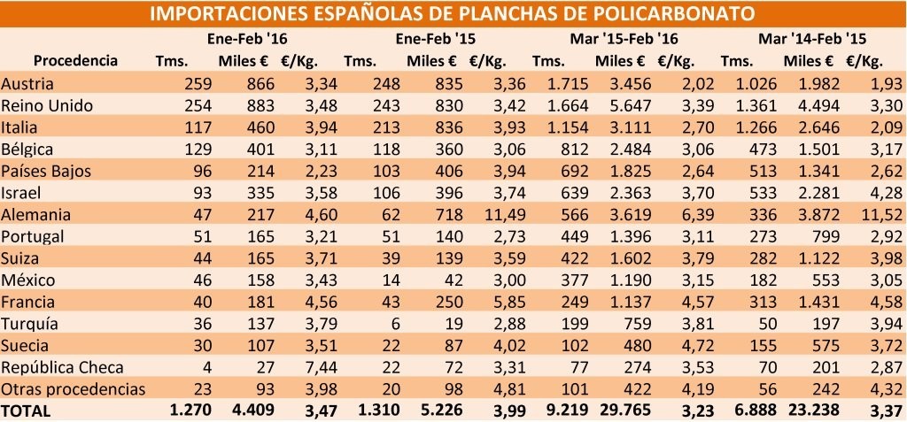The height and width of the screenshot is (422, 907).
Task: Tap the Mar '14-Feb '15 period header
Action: click(x=811, y=39)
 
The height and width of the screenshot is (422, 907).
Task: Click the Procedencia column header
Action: click(x=75, y=60)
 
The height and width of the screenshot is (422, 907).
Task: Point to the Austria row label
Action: click(x=28, y=83)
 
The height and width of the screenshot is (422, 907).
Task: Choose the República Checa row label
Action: click(x=61, y=366)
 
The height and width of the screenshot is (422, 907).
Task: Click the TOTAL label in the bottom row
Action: click(x=27, y=410)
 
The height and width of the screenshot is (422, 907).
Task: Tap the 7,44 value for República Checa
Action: click(x=314, y=366)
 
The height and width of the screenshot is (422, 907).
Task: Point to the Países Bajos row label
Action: click(x=47, y=170)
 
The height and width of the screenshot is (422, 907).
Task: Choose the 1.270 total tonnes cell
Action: click(x=174, y=410)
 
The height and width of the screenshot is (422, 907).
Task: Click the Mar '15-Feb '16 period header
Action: click(x=621, y=39)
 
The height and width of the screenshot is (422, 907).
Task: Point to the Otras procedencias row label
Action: click(x=73, y=388)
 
